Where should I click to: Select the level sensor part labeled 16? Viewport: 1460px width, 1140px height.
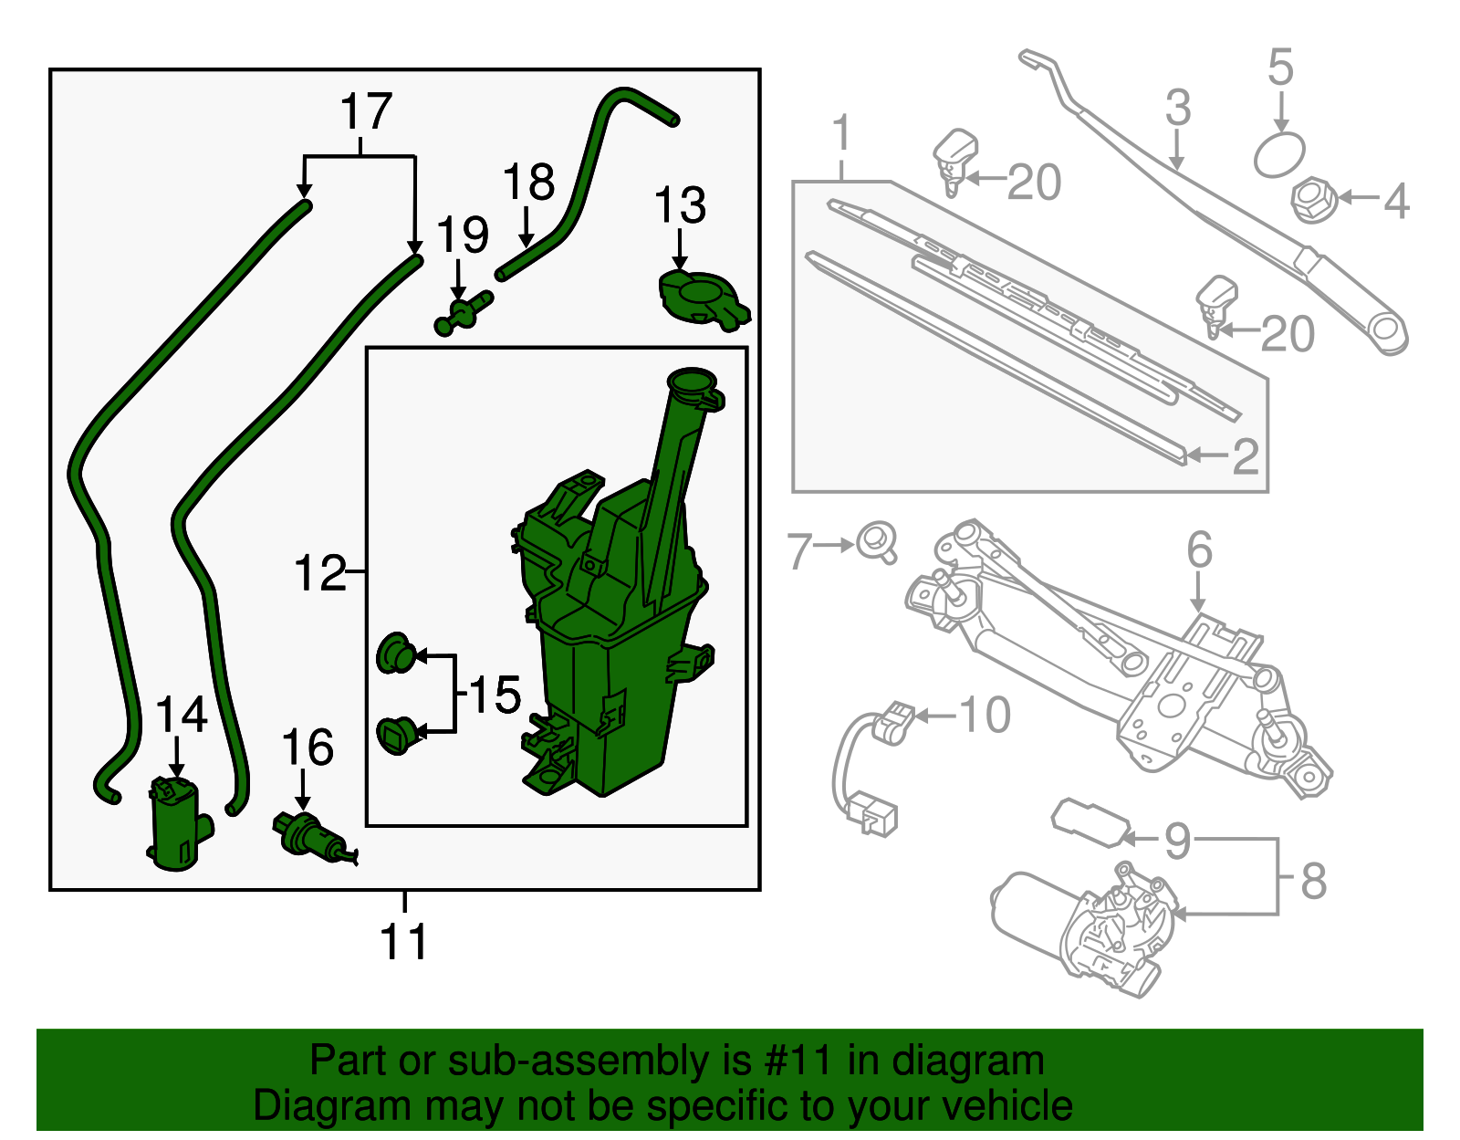click(x=308, y=834)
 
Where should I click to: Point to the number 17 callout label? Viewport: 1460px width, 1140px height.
click(x=365, y=111)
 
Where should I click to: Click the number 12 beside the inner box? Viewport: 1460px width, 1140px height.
click(x=320, y=573)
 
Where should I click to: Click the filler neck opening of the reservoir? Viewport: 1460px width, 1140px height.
click(x=692, y=382)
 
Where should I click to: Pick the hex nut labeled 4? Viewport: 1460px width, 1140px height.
click(x=1314, y=198)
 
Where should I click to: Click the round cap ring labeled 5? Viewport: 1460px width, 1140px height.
click(x=1279, y=154)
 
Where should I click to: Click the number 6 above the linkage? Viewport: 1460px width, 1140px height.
click(x=1199, y=550)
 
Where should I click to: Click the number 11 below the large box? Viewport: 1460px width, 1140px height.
click(x=404, y=941)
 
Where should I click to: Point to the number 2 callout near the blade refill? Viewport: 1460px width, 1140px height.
click(x=1245, y=456)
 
